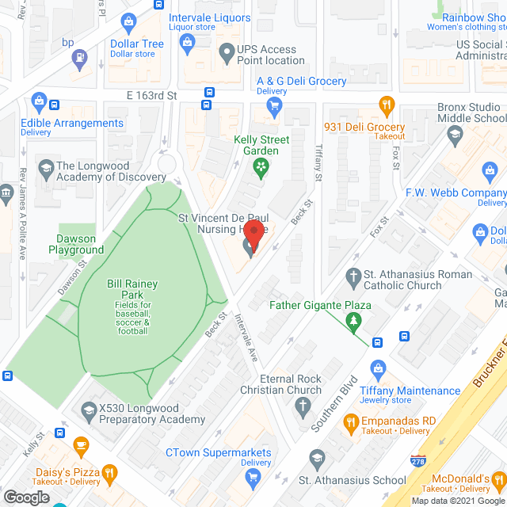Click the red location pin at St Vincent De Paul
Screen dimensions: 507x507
click(253, 234)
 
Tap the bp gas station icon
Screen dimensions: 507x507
click(79, 57)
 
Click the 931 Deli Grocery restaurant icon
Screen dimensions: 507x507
click(387, 104)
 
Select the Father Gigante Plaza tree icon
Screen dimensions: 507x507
click(354, 321)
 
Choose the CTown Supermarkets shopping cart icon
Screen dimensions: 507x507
click(253, 475)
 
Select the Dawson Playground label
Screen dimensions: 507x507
click(80, 244)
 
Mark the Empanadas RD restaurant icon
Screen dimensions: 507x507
click(349, 424)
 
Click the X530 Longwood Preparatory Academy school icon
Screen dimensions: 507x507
click(88, 410)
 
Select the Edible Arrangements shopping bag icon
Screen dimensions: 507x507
click(36, 101)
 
